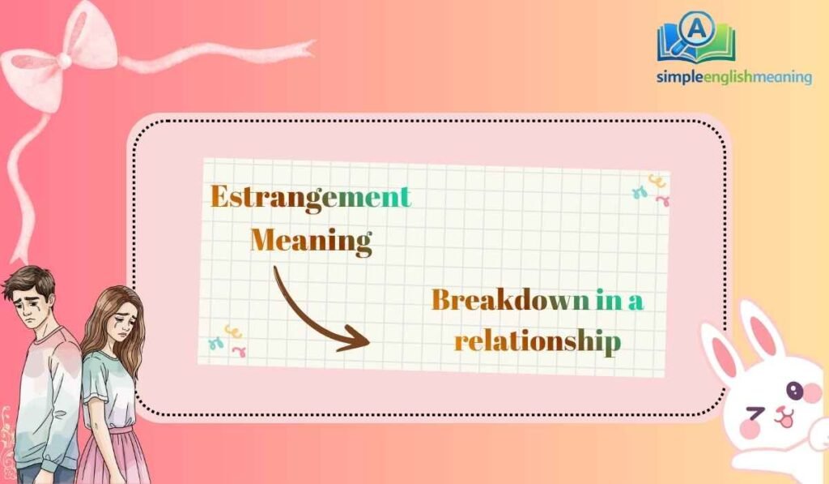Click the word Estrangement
310,197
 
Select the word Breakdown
510,300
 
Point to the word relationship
537,341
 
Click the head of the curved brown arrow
357,338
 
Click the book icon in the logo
695,41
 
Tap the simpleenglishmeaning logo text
733,78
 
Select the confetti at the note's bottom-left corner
226,339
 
